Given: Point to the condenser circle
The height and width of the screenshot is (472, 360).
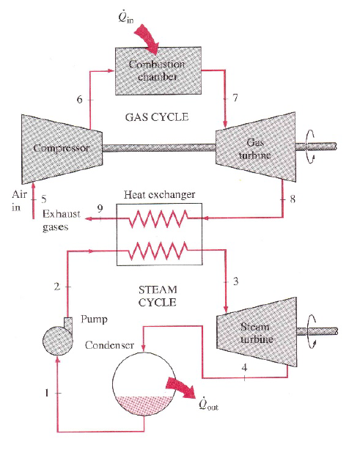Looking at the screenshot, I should point(144,385).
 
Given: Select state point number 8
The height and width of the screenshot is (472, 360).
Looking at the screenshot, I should point(293,199).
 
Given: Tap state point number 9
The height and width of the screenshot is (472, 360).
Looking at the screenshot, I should point(100,209).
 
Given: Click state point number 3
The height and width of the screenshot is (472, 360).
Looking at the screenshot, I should point(235,281).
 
